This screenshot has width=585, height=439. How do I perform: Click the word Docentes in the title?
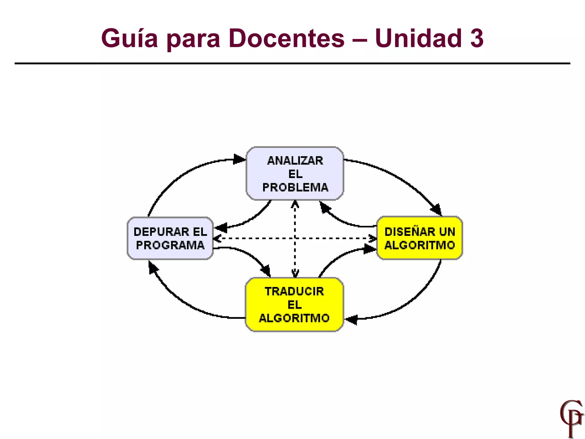[x=287, y=39]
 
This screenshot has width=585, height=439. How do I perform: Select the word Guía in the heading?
[x=129, y=39]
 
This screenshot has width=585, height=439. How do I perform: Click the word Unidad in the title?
[x=418, y=39]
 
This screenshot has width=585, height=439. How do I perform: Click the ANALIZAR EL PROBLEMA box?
[x=295, y=173]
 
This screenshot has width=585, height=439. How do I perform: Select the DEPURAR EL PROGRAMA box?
[x=170, y=238]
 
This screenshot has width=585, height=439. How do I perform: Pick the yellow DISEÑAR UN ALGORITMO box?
[x=419, y=238]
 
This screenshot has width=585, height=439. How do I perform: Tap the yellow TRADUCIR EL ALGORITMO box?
[x=294, y=305]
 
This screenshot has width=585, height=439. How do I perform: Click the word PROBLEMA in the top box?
[x=295, y=187]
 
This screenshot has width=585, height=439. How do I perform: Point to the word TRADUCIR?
[x=294, y=292]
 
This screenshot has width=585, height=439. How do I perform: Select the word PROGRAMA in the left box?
[x=170, y=245]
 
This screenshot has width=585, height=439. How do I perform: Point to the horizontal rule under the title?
[x=292, y=63]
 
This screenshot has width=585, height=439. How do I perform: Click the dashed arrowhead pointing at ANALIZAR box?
[x=295, y=204]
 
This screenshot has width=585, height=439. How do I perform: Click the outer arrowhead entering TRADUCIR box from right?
[x=351, y=319]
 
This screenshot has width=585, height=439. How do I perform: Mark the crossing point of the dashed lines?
[x=295, y=238]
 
